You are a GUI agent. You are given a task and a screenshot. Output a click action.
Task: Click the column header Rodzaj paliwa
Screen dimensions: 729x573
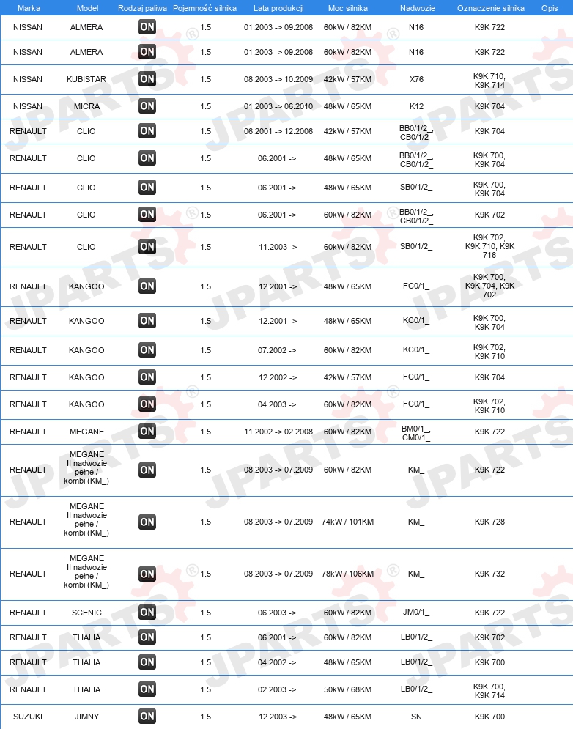pyautogui.click(x=142, y=7)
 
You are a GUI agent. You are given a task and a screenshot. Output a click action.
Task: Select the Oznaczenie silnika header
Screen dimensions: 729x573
pyautogui.click(x=490, y=7)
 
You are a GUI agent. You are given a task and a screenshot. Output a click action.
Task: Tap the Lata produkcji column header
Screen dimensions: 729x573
pyautogui.click(x=278, y=7)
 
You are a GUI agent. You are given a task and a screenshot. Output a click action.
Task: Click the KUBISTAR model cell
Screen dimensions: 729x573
pyautogui.click(x=86, y=79)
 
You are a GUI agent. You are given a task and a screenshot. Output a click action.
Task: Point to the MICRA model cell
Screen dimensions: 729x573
pyautogui.click(x=86, y=106)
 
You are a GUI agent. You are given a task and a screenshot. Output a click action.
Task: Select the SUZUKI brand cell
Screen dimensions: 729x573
pyautogui.click(x=28, y=717)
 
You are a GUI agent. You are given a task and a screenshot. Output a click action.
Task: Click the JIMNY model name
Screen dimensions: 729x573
pyautogui.click(x=86, y=717)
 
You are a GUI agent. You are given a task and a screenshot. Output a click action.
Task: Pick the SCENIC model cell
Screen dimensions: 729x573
pyautogui.click(x=86, y=613)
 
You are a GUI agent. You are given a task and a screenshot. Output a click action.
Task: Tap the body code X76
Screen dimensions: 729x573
pyautogui.click(x=416, y=79)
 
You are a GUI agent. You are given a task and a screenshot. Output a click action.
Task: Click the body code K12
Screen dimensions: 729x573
pyautogui.click(x=416, y=106)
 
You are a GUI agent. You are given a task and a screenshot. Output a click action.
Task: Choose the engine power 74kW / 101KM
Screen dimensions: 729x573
pyautogui.click(x=347, y=522)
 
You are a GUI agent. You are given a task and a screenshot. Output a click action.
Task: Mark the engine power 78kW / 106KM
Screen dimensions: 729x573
pyautogui.click(x=347, y=574)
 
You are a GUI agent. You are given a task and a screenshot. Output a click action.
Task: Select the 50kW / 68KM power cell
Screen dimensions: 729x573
pyautogui.click(x=347, y=689)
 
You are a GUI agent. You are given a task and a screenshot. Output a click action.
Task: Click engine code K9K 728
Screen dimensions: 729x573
pyautogui.click(x=489, y=522)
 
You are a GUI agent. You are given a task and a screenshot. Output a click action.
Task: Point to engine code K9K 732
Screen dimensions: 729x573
pyautogui.click(x=489, y=574)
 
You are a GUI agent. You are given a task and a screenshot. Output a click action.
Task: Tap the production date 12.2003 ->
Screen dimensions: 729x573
pyautogui.click(x=278, y=717)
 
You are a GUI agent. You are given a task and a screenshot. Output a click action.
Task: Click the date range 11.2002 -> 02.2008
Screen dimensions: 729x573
pyautogui.click(x=278, y=432)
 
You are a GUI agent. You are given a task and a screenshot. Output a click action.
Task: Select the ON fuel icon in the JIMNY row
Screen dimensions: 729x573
pyautogui.click(x=147, y=717)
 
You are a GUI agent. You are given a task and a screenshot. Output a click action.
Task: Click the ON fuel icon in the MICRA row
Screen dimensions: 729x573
pyautogui.click(x=147, y=106)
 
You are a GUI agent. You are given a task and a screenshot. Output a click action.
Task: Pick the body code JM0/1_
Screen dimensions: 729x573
pyautogui.click(x=416, y=613)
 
